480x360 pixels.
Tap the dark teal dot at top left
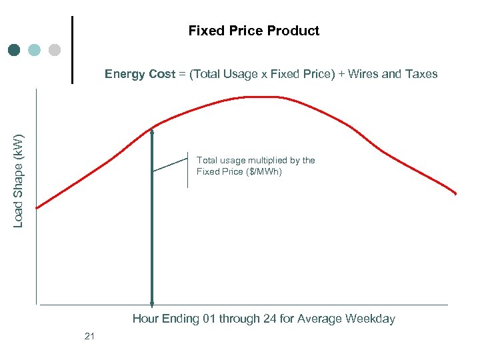15,50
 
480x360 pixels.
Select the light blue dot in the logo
35,50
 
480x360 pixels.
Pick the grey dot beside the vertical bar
55,50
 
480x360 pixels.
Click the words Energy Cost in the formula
139,74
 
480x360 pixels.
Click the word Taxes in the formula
420,74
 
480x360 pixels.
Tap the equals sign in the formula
182,74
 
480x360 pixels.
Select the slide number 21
90,336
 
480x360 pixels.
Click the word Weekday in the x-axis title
370,319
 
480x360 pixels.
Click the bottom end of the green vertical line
152,303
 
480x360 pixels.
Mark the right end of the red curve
455,194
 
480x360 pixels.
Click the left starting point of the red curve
37,208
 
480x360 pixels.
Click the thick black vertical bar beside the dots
72,50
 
